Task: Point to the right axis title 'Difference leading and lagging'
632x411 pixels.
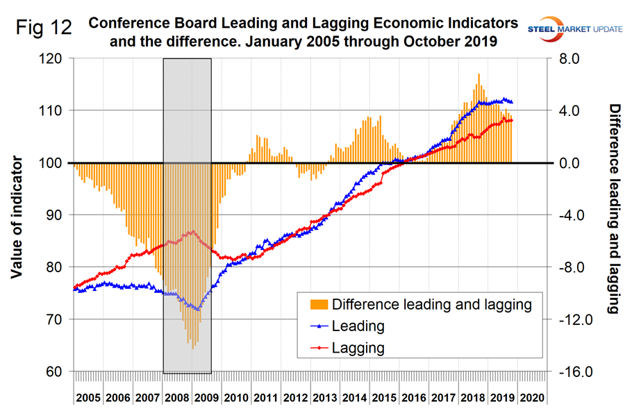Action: tap(614, 208)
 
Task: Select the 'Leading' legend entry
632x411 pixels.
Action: tap(358, 326)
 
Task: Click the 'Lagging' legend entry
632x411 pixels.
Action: tap(358, 346)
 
